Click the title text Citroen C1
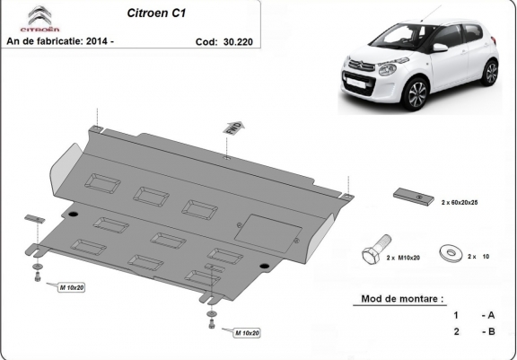(148, 14)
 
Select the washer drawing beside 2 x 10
(449, 255)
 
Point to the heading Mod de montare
(401, 298)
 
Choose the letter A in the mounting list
(489, 315)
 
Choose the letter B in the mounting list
(489, 331)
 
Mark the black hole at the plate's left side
(73, 215)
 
